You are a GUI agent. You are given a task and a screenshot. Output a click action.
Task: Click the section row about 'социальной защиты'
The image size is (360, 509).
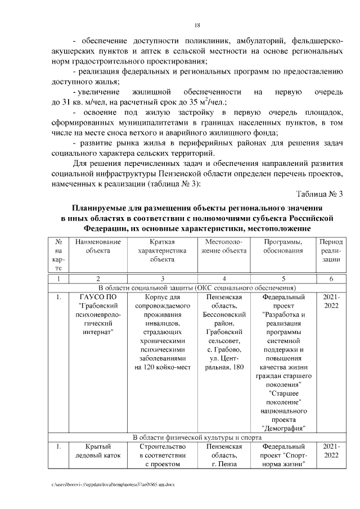coord(197,288)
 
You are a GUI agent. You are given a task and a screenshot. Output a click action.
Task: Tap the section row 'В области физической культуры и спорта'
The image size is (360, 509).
coord(197,437)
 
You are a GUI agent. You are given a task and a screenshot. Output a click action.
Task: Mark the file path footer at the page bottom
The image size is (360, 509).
coord(113,484)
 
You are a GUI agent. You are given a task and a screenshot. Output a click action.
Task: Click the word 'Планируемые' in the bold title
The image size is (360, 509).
coord(105,206)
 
